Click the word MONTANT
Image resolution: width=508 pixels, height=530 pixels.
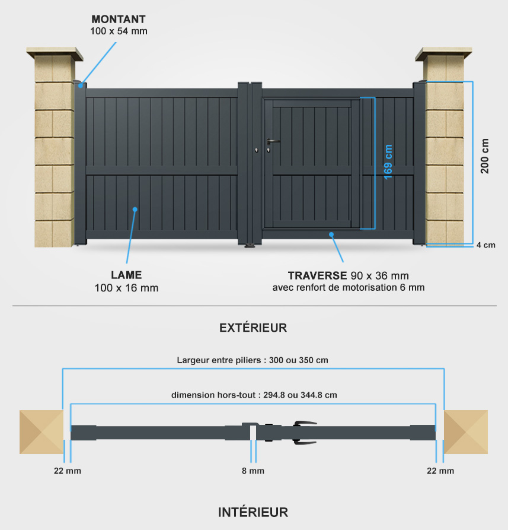tap(119, 19)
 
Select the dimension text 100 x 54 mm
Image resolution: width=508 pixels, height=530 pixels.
tap(119, 31)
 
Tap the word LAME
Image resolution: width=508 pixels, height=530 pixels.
tap(126, 275)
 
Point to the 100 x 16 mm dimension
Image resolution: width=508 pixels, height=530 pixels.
tap(126, 288)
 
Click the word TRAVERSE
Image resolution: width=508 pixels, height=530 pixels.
tap(317, 275)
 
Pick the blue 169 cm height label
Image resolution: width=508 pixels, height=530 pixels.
tap(388, 161)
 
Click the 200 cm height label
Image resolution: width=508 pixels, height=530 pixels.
tap(484, 156)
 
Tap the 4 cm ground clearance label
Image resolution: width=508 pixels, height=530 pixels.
tap(485, 245)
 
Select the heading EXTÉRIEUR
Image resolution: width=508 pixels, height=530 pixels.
tap(253, 328)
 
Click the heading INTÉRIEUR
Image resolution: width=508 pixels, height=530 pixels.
tap(253, 512)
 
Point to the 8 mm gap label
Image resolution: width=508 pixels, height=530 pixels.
tap(253, 471)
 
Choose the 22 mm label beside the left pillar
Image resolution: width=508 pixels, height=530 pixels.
tap(68, 471)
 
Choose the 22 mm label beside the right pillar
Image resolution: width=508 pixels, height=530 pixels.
tap(440, 471)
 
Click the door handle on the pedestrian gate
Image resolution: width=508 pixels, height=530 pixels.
tap(273, 141)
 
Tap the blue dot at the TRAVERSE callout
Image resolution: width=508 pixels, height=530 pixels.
tap(331, 234)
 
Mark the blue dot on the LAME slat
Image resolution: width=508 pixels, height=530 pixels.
tap(135, 210)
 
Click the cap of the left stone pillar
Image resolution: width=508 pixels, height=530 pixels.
tap(55, 53)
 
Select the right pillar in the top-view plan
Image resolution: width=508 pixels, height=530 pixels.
tap(466, 432)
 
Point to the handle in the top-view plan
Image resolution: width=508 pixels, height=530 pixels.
tap(305, 432)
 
